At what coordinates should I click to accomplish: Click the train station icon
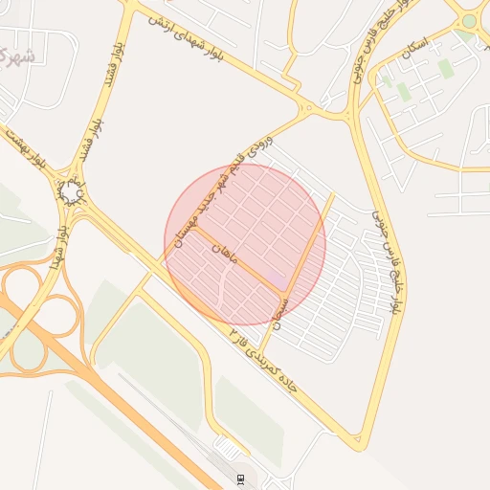240,478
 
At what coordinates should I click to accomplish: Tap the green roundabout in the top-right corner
468,20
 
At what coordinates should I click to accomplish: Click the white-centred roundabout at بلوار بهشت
72,194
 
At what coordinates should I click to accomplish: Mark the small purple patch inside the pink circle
275,278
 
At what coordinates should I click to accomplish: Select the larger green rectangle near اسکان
446,69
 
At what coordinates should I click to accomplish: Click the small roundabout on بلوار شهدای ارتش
307,106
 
